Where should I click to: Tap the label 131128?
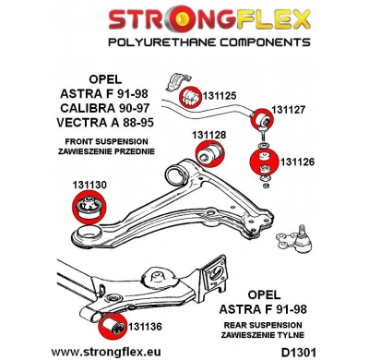(x=209, y=135)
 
